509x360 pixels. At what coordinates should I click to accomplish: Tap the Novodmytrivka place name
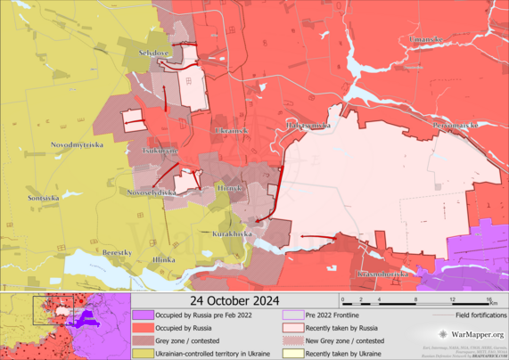click(78, 144)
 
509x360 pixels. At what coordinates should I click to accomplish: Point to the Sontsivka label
click(45, 197)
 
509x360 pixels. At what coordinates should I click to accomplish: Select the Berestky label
click(117, 253)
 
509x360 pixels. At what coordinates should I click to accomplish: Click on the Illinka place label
click(164, 259)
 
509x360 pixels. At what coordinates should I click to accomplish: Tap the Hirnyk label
click(229, 188)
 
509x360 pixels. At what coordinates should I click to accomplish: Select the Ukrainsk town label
click(231, 131)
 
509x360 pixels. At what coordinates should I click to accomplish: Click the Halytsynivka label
click(308, 126)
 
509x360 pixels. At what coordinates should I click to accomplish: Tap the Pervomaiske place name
click(455, 126)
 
